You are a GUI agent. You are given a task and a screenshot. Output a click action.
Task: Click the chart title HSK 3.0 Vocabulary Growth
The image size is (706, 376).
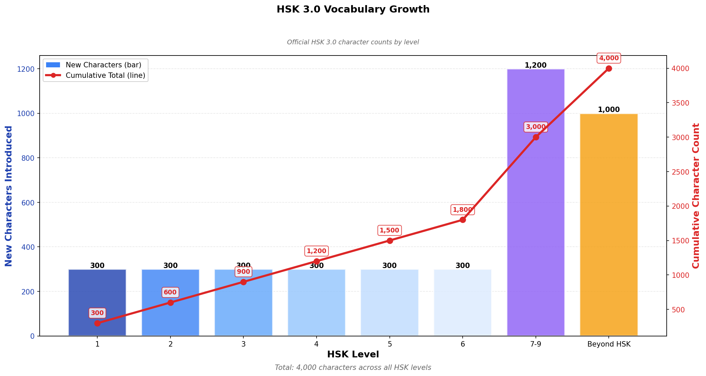click(x=353, y=9)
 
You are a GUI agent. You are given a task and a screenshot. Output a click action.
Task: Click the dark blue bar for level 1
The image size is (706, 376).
click(x=97, y=298)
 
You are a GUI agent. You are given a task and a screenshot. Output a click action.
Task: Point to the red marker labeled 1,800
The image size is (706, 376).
click(x=463, y=220)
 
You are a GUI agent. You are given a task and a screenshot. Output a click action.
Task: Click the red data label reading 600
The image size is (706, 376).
click(x=170, y=292)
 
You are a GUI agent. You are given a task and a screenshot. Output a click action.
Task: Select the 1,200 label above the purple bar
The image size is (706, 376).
click(x=536, y=65)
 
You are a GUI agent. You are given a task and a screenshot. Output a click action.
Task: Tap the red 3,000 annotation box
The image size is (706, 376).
click(x=536, y=127)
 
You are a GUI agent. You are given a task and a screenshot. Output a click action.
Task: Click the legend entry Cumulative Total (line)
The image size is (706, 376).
click(x=105, y=75)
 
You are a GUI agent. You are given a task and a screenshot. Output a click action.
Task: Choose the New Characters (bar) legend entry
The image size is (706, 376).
click(x=103, y=65)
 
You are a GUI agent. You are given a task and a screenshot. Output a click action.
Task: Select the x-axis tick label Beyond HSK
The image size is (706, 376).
click(x=609, y=345)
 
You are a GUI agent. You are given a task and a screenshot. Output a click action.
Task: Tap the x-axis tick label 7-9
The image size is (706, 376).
click(x=536, y=345)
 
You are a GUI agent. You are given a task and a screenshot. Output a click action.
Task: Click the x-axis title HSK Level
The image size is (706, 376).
click(x=353, y=355)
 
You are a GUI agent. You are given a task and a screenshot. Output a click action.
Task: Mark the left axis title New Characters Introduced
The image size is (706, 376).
click(x=9, y=196)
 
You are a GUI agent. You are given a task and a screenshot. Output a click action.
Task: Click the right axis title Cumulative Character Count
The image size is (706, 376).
click(x=696, y=196)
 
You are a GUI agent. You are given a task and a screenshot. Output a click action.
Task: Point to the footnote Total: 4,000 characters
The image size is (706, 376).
click(x=353, y=368)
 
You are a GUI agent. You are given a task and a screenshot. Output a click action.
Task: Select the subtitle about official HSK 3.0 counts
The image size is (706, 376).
click(x=353, y=42)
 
